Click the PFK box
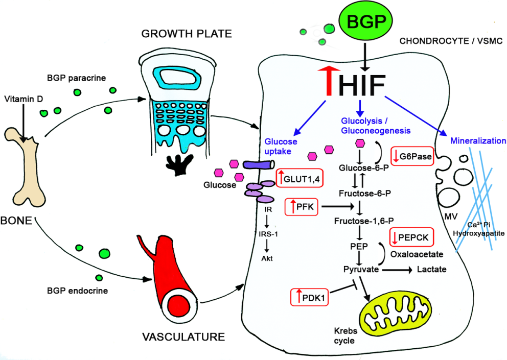coord(303,207)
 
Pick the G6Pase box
coord(412,156)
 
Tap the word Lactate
coord(432,270)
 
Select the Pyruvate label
coord(360,270)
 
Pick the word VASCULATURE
coord(183,337)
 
